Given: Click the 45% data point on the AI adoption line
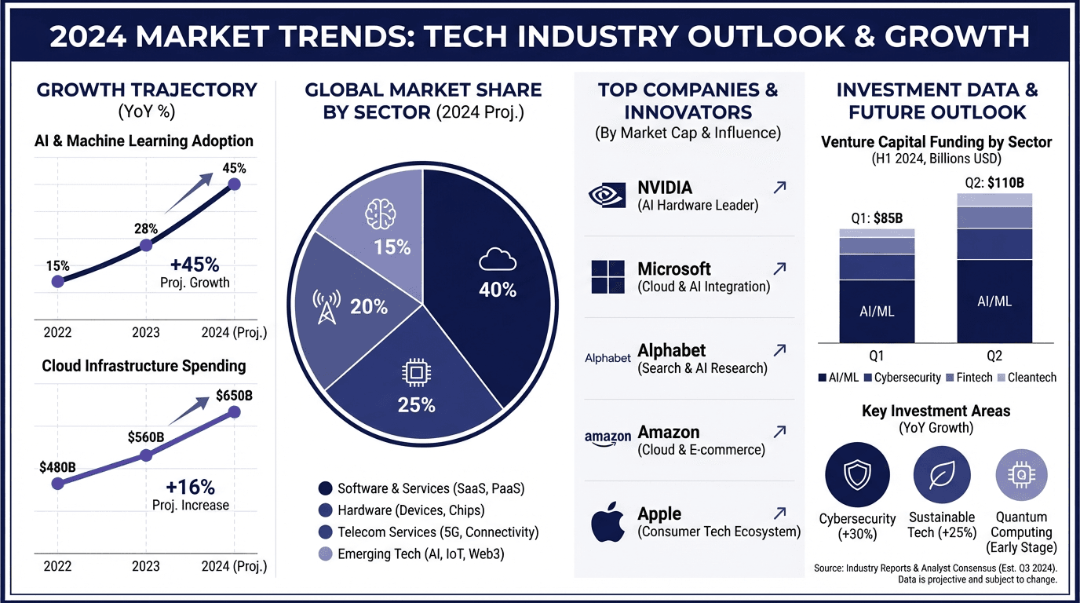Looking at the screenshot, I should point(234,185).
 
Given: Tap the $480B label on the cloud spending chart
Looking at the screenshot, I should point(57,467).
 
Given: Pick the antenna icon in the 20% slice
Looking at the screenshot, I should point(327,306).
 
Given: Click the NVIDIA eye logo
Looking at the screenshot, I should point(607,196).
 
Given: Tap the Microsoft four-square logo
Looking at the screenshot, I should point(607,276).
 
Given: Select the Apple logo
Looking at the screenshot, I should point(607,522).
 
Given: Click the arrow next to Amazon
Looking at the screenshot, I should point(779,431).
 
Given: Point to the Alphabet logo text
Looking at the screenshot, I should point(607,358).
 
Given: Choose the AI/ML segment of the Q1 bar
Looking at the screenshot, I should point(877,311).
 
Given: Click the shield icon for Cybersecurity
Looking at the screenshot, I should point(857,474).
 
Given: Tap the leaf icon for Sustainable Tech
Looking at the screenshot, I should point(941,475).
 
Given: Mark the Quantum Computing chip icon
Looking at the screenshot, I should point(1021,475).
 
